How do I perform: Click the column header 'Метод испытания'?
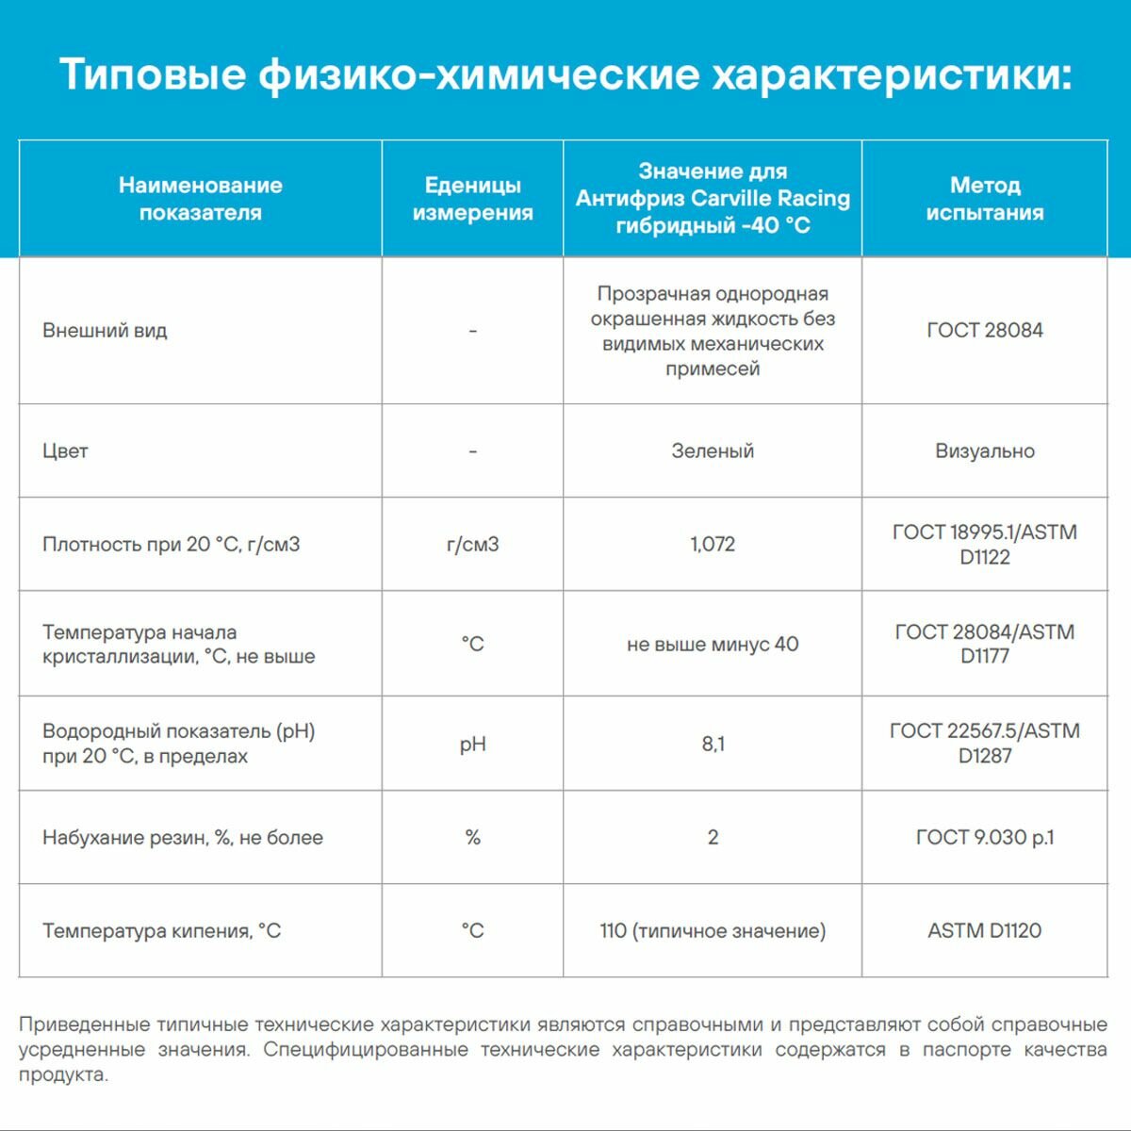(984, 199)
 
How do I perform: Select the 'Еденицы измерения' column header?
(472, 199)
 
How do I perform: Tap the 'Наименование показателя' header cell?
(200, 199)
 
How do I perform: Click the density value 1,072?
(713, 544)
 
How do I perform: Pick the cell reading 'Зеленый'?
(713, 451)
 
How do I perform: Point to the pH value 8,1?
(713, 744)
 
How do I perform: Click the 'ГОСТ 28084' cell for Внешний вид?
(984, 330)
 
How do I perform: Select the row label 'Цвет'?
(65, 451)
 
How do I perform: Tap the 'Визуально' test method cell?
(984, 451)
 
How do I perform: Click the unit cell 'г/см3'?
(472, 544)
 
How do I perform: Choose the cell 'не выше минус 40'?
(713, 644)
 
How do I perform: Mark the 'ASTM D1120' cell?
(984, 930)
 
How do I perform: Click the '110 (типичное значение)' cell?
(713, 930)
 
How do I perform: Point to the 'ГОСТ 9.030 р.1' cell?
(984, 837)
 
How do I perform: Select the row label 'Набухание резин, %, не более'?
(182, 837)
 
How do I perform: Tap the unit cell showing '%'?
(472, 837)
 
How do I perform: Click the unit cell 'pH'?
(472, 744)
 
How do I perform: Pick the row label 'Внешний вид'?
(105, 330)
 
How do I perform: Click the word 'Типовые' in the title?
(153, 74)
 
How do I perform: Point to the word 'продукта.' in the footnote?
(63, 1074)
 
